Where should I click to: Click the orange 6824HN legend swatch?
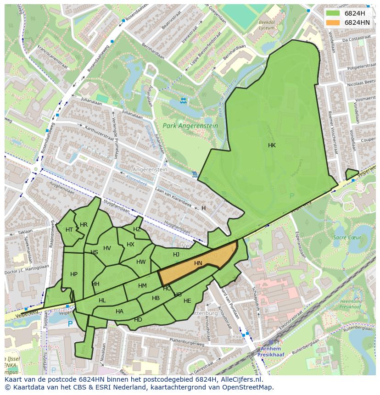pyautogui.click(x=333, y=22)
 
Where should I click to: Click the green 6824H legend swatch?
pyautogui.click(x=333, y=13)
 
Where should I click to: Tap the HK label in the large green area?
pyautogui.click(x=272, y=145)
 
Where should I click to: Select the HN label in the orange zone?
pyautogui.click(x=198, y=263)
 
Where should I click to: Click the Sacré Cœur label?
pyautogui.click(x=347, y=238)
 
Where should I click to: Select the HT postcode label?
pyautogui.click(x=69, y=230)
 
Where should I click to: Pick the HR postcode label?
pyautogui.click(x=84, y=225)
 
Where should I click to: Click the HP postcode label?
pyautogui.click(x=74, y=274)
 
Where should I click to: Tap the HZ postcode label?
pyautogui.click(x=137, y=229)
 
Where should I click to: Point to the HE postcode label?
pyautogui.click(x=187, y=301)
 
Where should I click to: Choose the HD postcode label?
pyautogui.click(x=138, y=319)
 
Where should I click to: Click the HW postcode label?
pyautogui.click(x=141, y=262)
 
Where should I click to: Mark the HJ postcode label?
pyautogui.click(x=176, y=255)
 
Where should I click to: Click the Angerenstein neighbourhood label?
pyautogui.click(x=150, y=169)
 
